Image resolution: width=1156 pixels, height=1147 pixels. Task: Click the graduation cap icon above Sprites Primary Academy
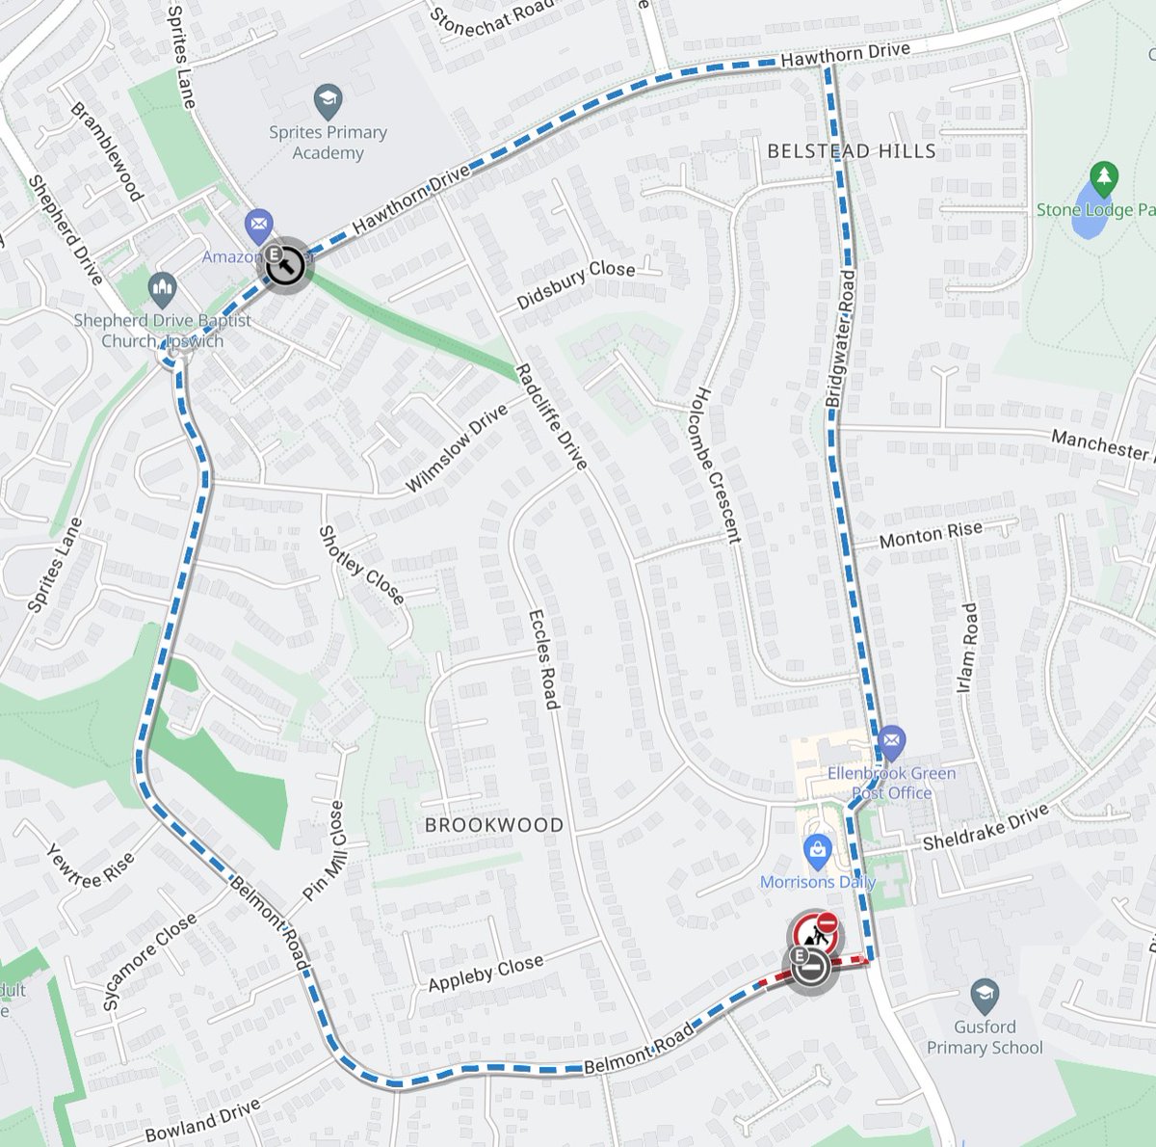[328, 99]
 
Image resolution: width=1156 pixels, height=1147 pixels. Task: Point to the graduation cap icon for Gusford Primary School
[984, 994]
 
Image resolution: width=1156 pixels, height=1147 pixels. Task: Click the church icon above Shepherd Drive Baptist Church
[162, 288]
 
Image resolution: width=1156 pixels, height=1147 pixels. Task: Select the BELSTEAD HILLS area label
[851, 151]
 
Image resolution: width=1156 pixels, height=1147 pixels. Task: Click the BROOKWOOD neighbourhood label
[494, 825]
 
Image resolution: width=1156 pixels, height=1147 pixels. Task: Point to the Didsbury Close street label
[576, 285]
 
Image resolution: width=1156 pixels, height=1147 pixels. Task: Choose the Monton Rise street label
[931, 534]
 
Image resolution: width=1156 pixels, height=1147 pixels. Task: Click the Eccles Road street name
[543, 659]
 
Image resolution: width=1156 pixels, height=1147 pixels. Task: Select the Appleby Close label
[486, 973]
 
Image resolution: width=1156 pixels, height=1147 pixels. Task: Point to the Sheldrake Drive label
[985, 828]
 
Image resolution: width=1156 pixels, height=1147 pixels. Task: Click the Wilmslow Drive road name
[457, 448]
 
